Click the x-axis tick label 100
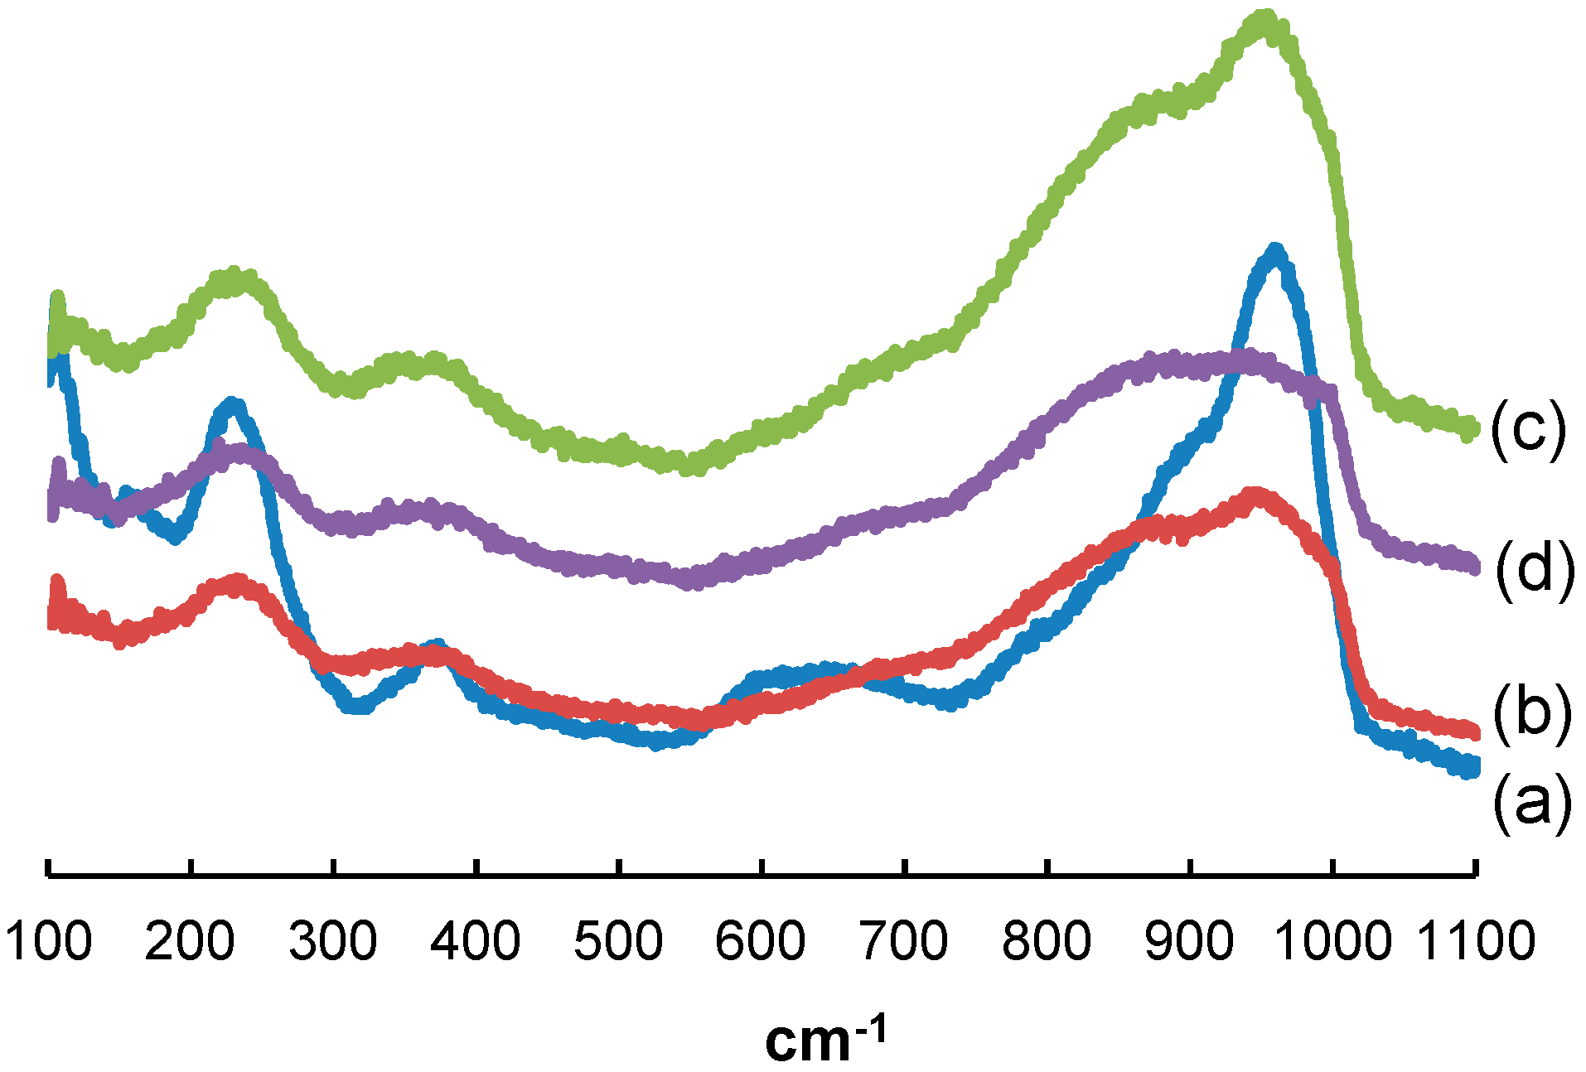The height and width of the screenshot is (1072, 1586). coord(48,942)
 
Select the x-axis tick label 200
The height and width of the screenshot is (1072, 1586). coord(190,942)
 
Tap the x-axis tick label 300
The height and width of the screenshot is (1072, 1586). coord(333,942)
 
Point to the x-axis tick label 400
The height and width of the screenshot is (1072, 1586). coord(476,942)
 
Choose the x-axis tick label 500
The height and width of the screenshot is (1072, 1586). coord(618,942)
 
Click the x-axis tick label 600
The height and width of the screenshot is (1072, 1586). coord(761,942)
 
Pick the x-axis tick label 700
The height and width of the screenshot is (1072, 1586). coord(904,942)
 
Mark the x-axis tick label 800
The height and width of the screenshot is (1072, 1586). coord(1047,942)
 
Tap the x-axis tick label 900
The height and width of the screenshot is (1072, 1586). coord(1190,942)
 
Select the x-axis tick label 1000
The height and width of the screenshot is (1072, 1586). coord(1332,942)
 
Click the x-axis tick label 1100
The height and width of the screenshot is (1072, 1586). coord(1476,942)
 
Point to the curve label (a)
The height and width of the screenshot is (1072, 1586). coord(1532,802)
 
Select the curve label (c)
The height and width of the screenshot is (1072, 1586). coord(1529,428)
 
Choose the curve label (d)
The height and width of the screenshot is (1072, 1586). coord(1535,569)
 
